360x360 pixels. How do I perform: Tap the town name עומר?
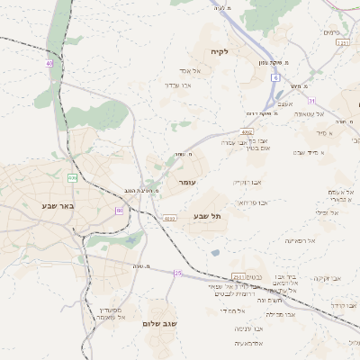point(187,183)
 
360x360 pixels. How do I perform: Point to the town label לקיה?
point(220,52)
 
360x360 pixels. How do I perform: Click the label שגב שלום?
point(161,323)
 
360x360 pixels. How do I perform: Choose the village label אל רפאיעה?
point(300,240)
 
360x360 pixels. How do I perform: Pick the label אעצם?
point(287,103)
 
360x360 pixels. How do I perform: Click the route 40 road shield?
point(49,63)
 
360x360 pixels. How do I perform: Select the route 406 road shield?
point(72,178)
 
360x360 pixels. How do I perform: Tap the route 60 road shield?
point(119,211)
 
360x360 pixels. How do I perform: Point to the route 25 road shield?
point(178,273)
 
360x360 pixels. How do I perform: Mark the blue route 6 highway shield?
point(274,78)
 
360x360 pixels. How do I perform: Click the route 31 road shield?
point(311,100)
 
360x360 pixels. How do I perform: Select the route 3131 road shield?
point(342,42)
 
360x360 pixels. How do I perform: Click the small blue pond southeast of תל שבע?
point(215,252)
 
